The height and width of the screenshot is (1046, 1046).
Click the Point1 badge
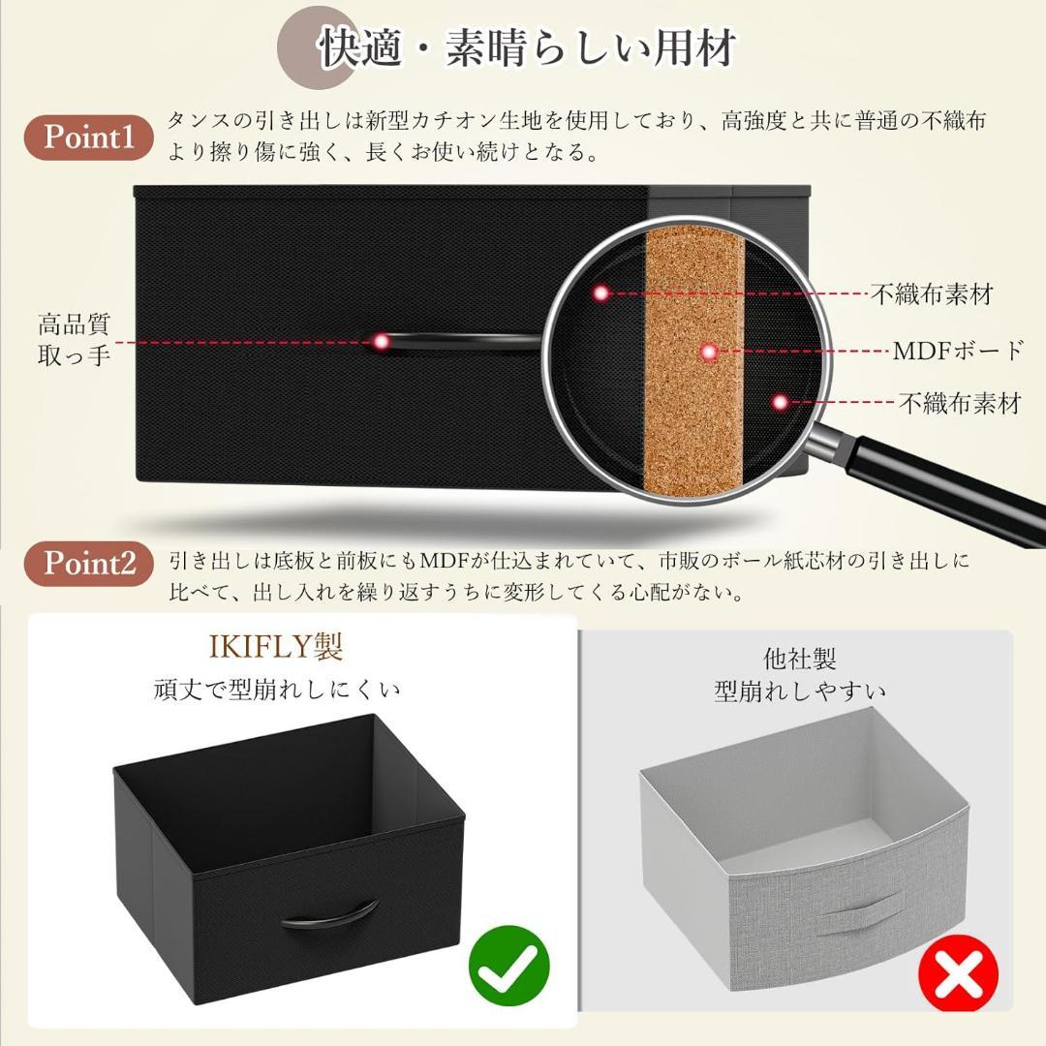pyautogui.click(x=95, y=138)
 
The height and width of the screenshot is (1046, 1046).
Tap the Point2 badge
pyautogui.click(x=95, y=563)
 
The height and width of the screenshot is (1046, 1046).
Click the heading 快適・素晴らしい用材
pyautogui.click(x=528, y=48)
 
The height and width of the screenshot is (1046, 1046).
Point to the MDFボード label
pyautogui.click(x=957, y=351)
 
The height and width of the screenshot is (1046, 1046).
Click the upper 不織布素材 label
pyautogui.click(x=931, y=293)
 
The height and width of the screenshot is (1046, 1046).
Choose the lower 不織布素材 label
pyautogui.click(x=959, y=403)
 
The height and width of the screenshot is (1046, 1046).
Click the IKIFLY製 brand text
pyautogui.click(x=276, y=646)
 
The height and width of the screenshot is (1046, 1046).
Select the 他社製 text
pyautogui.click(x=799, y=660)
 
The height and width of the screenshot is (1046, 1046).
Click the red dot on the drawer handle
pyautogui.click(x=382, y=341)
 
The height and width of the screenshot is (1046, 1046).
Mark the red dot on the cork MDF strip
pyautogui.click(x=709, y=353)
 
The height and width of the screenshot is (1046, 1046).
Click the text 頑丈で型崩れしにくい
pyautogui.click(x=277, y=690)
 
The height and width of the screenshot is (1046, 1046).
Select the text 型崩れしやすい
pyautogui.click(x=800, y=692)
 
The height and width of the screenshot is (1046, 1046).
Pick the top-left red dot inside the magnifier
pyautogui.click(x=601, y=292)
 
